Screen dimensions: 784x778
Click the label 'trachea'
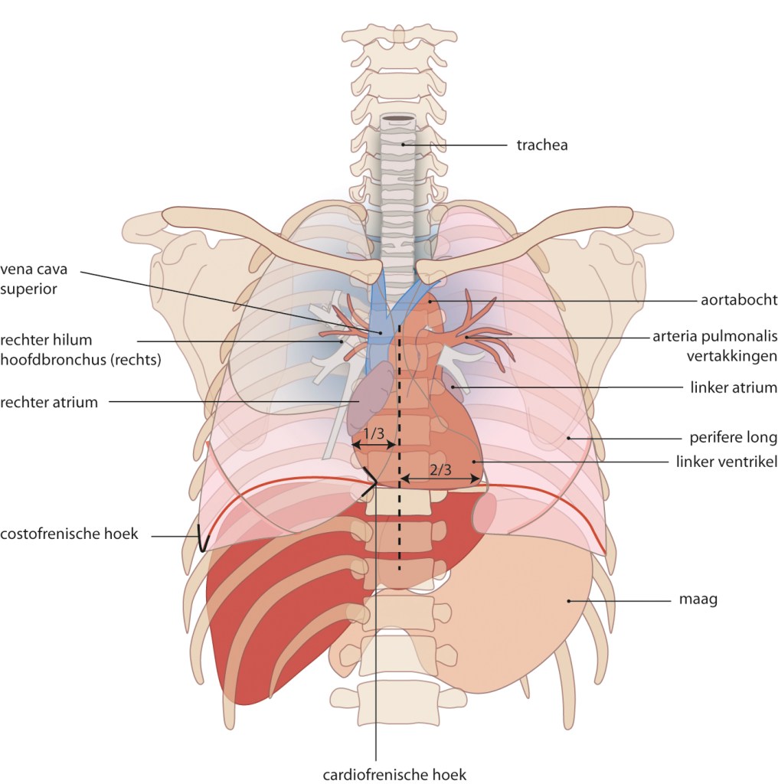click(541, 145)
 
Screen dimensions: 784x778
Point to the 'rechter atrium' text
click(49, 402)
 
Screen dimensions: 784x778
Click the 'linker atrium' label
click(733, 388)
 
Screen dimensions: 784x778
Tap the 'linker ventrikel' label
click(727, 462)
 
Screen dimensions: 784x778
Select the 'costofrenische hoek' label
click(70, 534)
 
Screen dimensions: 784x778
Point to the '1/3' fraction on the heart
click(374, 434)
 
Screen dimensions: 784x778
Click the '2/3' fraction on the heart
click(440, 470)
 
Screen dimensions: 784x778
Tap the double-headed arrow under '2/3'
click(441, 480)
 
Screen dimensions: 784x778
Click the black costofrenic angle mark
click(201, 538)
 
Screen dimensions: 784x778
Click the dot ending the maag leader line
click(568, 601)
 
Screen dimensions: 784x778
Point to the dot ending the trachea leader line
click(403, 144)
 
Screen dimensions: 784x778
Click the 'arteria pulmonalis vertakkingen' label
click(714, 344)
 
